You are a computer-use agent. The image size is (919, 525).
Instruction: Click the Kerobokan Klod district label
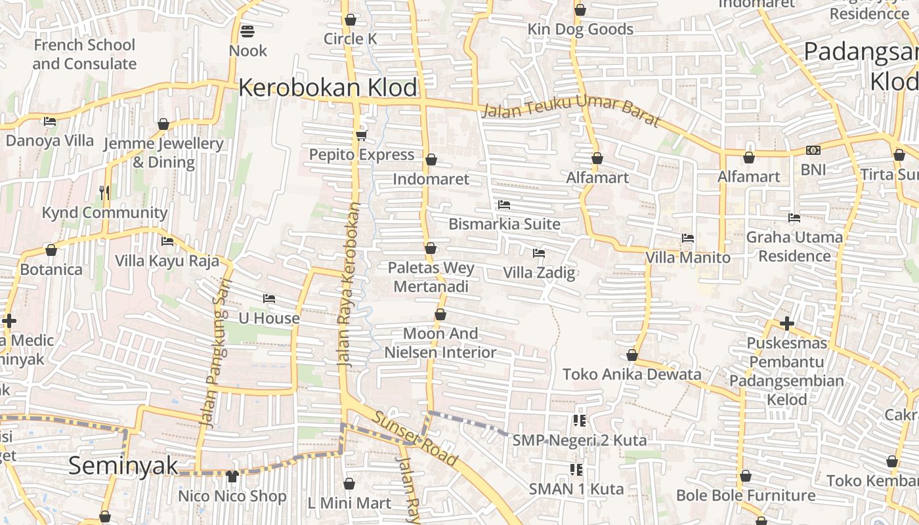tap(328, 87)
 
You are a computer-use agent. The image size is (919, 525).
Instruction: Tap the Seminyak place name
tap(123, 465)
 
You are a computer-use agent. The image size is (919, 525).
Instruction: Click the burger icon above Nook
tap(247, 31)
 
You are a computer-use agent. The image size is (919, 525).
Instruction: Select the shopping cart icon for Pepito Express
tap(361, 135)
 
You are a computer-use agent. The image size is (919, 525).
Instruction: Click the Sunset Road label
tap(414, 438)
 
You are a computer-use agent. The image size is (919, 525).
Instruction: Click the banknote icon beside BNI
tap(813, 150)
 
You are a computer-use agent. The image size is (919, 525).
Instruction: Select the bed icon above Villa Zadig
tap(539, 253)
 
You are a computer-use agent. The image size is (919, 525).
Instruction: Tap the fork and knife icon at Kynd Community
tap(104, 192)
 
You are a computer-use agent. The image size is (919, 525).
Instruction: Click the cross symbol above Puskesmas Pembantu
tap(787, 324)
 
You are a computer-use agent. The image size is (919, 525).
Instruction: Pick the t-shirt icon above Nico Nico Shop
tap(232, 476)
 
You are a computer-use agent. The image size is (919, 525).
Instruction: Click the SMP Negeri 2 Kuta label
tap(579, 440)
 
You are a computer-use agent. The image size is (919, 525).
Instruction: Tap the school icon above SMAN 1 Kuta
tap(576, 469)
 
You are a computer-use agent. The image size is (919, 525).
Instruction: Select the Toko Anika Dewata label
tap(631, 374)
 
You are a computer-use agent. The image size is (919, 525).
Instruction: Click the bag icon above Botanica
tap(51, 250)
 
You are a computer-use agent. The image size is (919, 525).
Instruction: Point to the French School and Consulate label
tap(84, 54)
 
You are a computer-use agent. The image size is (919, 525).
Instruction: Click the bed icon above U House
tap(268, 299)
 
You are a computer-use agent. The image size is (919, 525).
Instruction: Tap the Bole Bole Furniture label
tap(746, 495)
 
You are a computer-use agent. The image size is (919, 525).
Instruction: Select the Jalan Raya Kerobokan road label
tap(348, 283)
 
